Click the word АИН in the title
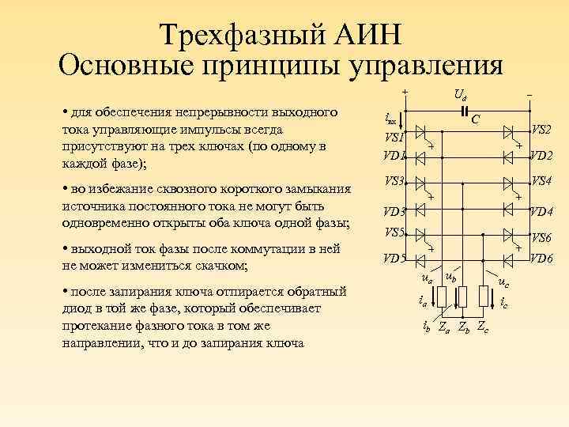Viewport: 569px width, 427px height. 368,34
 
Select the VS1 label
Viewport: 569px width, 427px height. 394,137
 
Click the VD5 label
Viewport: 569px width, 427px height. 394,258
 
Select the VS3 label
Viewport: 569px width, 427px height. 394,181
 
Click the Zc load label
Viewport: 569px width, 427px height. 483,330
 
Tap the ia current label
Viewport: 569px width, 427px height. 422,300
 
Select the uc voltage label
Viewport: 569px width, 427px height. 503,282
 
